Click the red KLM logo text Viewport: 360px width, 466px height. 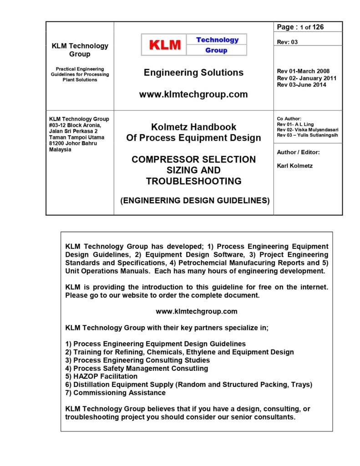165,45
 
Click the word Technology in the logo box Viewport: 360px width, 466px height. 217,40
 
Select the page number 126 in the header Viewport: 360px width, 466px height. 318,27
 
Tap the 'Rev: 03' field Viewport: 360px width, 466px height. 287,42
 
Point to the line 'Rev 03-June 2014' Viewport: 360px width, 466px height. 301,85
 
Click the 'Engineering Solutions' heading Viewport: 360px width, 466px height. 193,72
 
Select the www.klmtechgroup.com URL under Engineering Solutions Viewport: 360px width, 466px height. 193,95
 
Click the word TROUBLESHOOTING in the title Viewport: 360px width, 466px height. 193,181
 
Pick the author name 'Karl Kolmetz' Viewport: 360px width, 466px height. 294,166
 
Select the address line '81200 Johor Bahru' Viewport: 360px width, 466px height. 73,143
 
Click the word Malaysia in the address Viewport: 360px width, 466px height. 60,149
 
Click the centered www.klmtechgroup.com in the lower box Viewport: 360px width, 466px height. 197,312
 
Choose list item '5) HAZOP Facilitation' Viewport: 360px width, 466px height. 101,376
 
